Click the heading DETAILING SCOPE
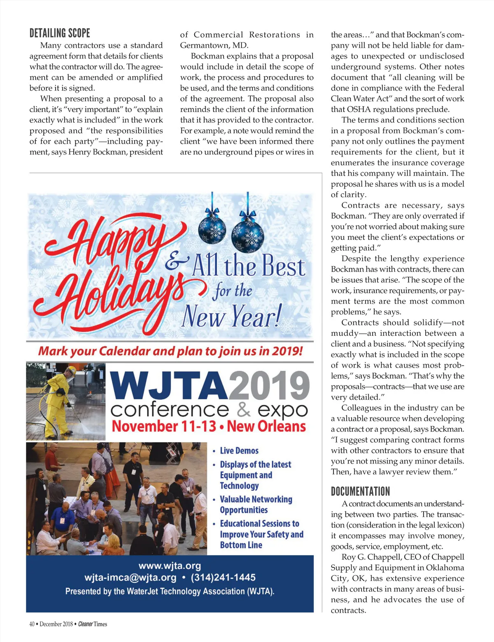click(60, 33)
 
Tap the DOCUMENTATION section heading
click(360, 491)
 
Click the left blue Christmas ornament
click(212, 229)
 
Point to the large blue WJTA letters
click(169, 386)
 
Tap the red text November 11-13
click(164, 426)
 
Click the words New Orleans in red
click(266, 426)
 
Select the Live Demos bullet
click(239, 451)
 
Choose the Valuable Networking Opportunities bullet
click(256, 504)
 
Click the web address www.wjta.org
click(170, 566)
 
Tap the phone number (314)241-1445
click(223, 577)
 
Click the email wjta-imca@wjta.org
click(130, 577)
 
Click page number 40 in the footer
click(32, 624)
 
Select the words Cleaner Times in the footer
click(93, 624)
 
